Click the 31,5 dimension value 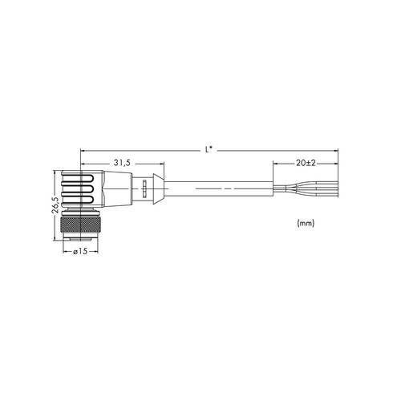(x=122, y=162)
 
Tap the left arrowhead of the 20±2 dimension (x=277, y=168)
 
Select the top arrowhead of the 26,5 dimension (x=55, y=173)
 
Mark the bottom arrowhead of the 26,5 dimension (x=55, y=237)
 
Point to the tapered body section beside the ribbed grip (x=116, y=189)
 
